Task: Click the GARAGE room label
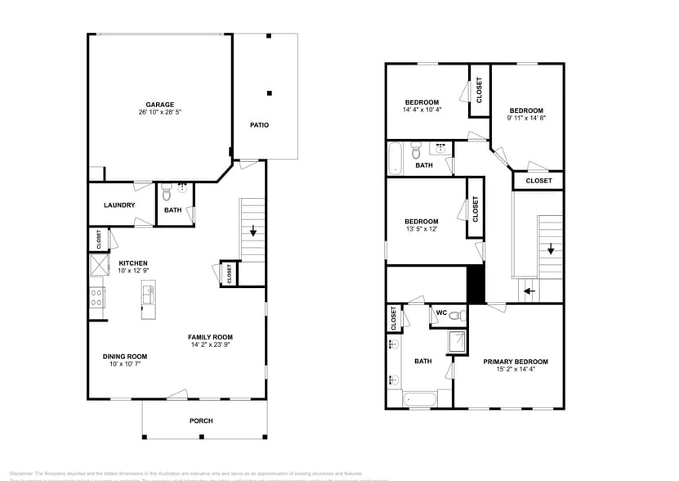pyautogui.click(x=159, y=105)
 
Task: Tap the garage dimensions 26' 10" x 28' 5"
pyautogui.click(x=159, y=113)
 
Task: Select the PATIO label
pyautogui.click(x=259, y=125)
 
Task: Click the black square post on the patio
pyautogui.click(x=269, y=92)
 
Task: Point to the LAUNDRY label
pyautogui.click(x=119, y=205)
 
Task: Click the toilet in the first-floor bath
pyautogui.click(x=166, y=193)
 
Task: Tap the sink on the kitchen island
pyautogui.click(x=149, y=294)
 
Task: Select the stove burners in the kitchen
pyautogui.click(x=96, y=297)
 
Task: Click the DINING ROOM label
pyautogui.click(x=125, y=356)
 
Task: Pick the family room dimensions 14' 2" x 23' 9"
pyautogui.click(x=210, y=345)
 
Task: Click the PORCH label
pyautogui.click(x=201, y=421)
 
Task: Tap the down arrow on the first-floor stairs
pyautogui.click(x=253, y=231)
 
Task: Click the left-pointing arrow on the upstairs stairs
pyautogui.click(x=529, y=290)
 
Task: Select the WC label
pyautogui.click(x=441, y=312)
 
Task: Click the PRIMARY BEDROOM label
pyautogui.click(x=515, y=362)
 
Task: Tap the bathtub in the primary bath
pyautogui.click(x=418, y=399)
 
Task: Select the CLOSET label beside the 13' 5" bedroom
pyautogui.click(x=474, y=210)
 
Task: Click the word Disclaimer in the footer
pyautogui.click(x=23, y=473)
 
